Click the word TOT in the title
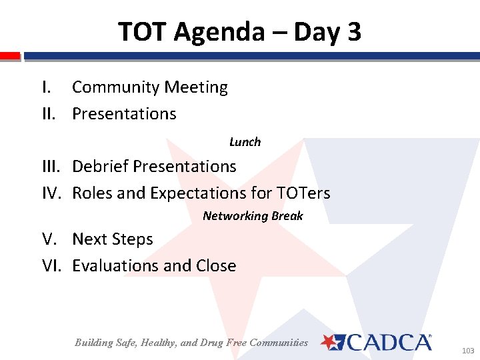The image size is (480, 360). (x=143, y=31)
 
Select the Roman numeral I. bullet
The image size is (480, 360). (x=46, y=87)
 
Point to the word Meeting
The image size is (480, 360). (x=196, y=87)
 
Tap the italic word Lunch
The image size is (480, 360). (x=245, y=142)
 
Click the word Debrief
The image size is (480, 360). (x=101, y=166)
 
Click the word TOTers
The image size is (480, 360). (x=303, y=193)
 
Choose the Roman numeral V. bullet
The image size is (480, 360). (x=50, y=239)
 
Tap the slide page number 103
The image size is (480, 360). (x=467, y=350)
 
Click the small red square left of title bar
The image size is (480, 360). (x=9, y=56)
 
